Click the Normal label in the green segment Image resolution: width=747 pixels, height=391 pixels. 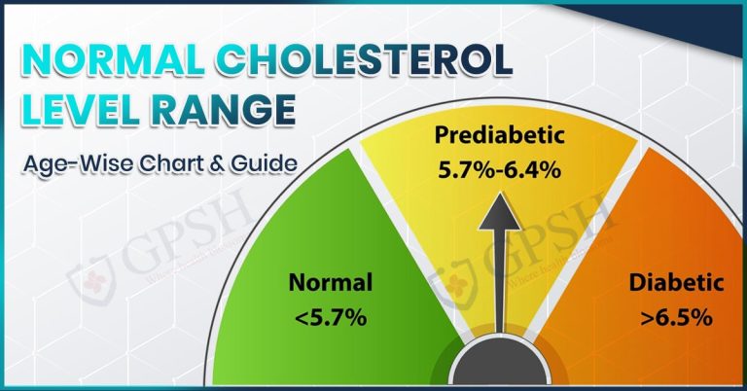pos(330,284)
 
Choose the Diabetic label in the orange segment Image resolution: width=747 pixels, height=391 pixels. pos(676,284)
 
